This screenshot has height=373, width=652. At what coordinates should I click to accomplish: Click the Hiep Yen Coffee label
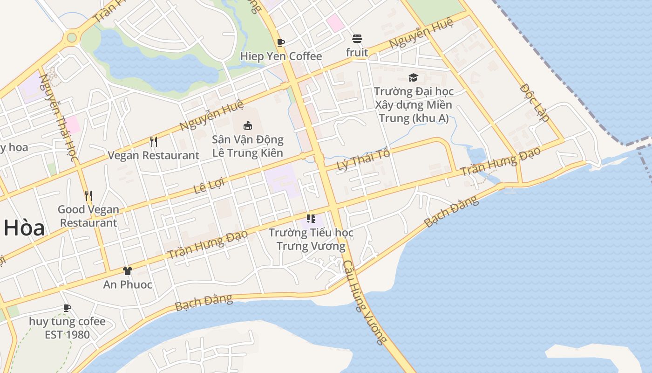click(281, 56)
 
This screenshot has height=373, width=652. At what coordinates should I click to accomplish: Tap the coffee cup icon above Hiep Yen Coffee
click(281, 43)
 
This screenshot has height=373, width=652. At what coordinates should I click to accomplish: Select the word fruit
click(357, 53)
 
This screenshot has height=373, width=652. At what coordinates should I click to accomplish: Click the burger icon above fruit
click(357, 38)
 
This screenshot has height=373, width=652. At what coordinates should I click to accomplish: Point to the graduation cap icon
click(413, 77)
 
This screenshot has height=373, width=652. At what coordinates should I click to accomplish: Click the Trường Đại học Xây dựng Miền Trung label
click(414, 104)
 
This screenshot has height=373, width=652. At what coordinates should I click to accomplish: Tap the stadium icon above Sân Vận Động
click(248, 125)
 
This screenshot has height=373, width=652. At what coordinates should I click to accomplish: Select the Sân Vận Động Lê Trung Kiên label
click(248, 146)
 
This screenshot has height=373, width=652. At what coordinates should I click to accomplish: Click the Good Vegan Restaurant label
click(88, 216)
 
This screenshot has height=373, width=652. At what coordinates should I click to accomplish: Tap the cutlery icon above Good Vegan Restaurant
click(88, 195)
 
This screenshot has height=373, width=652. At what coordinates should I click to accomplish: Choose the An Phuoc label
click(128, 284)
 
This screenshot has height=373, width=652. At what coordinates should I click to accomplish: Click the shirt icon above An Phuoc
click(127, 270)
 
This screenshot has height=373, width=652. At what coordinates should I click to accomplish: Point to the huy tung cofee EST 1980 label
click(67, 328)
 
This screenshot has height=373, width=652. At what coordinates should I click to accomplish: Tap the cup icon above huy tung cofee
click(67, 308)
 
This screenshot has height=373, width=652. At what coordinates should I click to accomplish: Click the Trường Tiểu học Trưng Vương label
click(311, 239)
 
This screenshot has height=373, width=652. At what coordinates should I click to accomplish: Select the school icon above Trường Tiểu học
click(311, 218)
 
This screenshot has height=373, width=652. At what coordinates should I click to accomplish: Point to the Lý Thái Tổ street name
click(363, 160)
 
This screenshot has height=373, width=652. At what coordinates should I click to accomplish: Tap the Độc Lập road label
click(535, 102)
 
